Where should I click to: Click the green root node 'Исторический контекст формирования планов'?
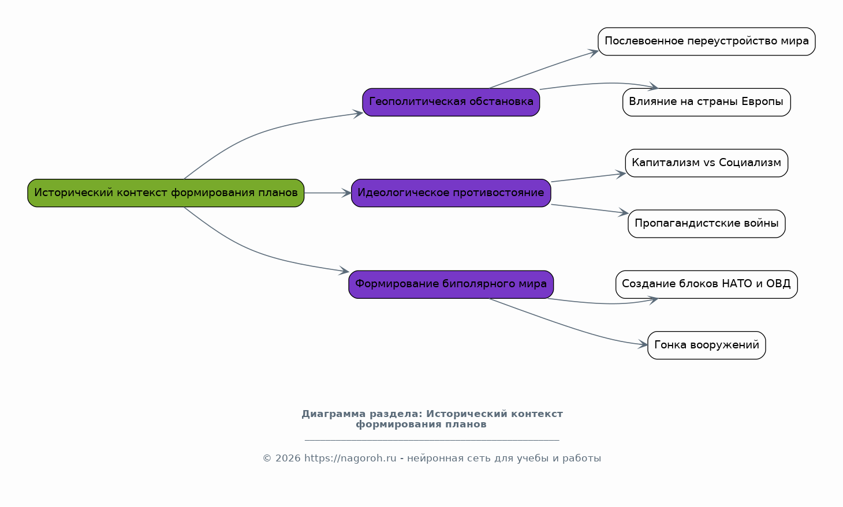(x=166, y=193)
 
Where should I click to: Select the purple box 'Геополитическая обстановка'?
(x=451, y=102)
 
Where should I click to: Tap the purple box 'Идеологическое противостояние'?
(x=451, y=193)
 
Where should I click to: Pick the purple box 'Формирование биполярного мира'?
(x=451, y=284)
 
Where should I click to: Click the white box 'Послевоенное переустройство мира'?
(x=706, y=42)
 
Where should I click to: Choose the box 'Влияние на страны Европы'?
(x=706, y=102)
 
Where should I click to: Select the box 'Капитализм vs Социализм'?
(x=706, y=163)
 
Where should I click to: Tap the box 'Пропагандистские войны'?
(x=706, y=224)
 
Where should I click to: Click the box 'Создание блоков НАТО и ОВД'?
(x=706, y=284)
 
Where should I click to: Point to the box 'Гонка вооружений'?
(x=706, y=345)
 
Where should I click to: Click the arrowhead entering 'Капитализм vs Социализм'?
(x=621, y=174)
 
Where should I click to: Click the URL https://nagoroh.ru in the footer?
(x=350, y=458)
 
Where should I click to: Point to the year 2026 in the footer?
(x=288, y=458)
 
